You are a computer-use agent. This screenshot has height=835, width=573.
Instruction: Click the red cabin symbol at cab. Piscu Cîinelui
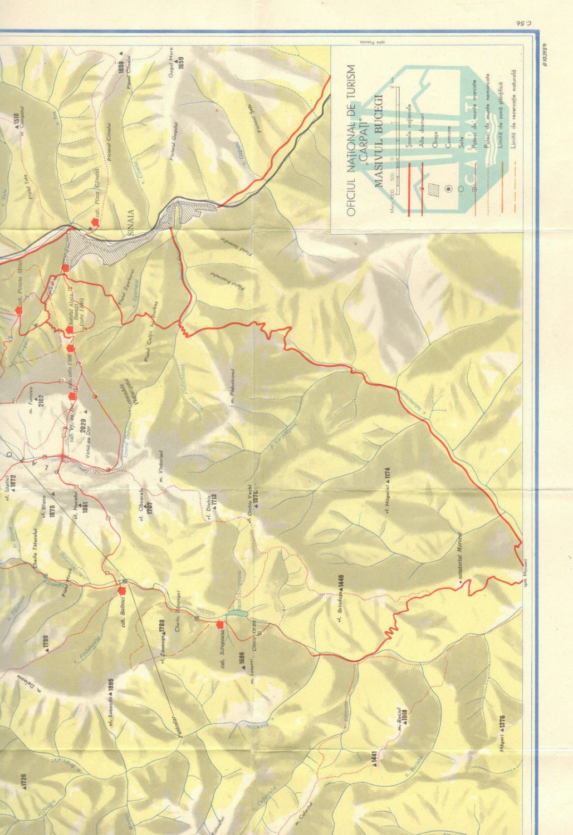(x=96, y=222)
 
